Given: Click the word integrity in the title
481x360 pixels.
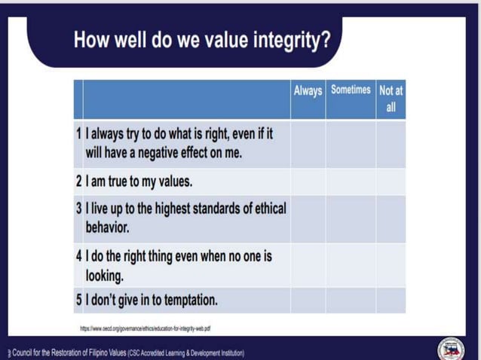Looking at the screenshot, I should pos(286,40).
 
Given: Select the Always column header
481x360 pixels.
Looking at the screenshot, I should pos(308,90).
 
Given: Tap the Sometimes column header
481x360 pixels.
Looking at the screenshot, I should pos(351,90).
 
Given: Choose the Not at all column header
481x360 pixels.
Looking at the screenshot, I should pos(391,98).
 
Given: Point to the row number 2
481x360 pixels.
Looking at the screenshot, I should pos(78,182).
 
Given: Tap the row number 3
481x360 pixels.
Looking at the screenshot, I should pos(78,209).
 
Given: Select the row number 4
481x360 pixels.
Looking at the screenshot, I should pos(78,256).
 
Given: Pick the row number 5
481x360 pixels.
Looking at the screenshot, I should pos(78,300).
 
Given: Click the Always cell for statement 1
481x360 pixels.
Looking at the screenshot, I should pos(308,144).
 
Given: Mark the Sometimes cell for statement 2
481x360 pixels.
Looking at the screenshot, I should pos(351,182).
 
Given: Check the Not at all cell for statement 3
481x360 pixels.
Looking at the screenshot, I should pos(391,218).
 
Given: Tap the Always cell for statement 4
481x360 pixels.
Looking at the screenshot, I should pos(308,264).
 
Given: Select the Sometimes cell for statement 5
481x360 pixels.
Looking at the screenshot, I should pos(351,300).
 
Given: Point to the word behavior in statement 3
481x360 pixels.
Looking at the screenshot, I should pos(107,227).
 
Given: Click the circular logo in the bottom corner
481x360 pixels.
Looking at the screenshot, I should pos(451,348).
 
